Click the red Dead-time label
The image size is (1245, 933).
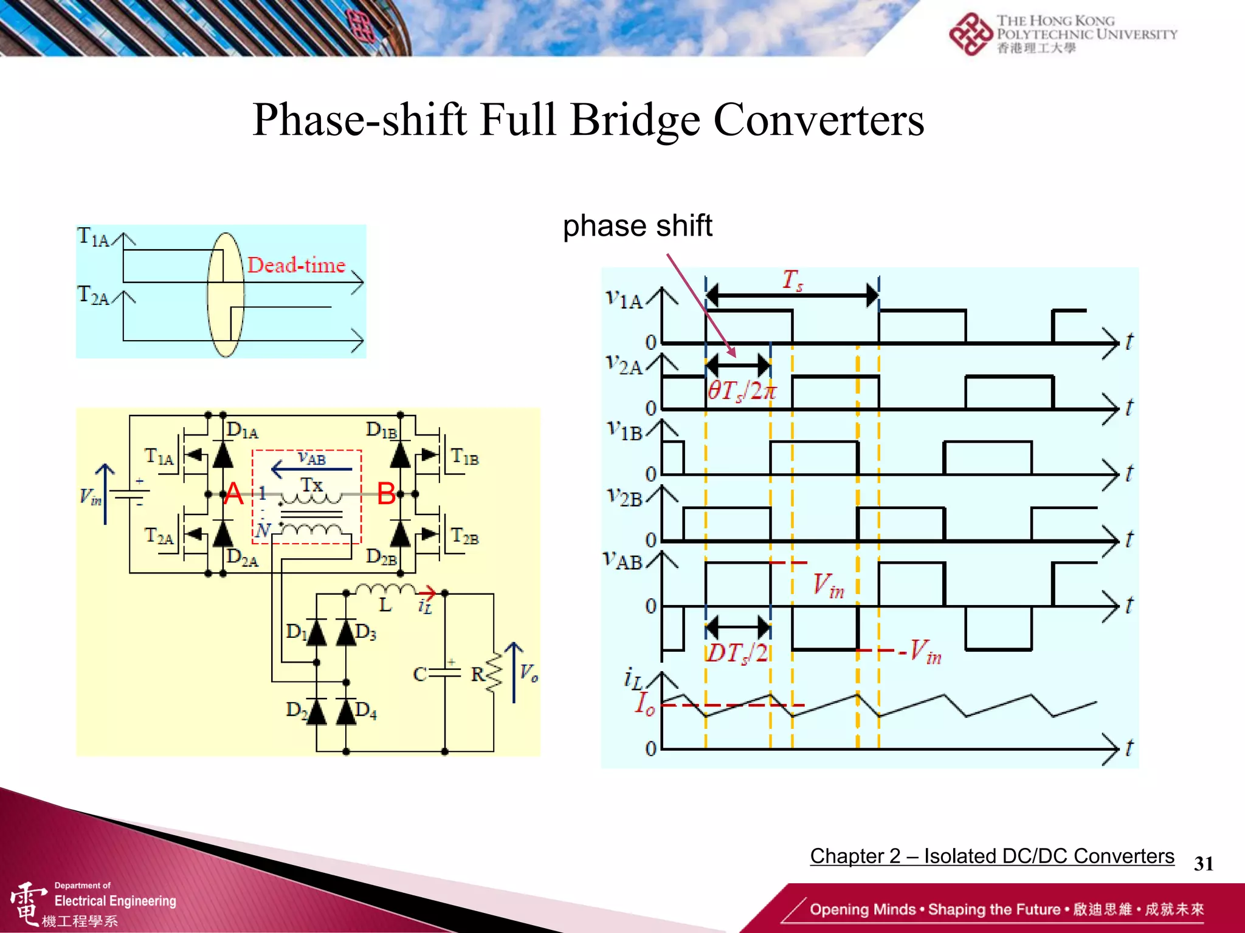(296, 265)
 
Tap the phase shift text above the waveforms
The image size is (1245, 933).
(637, 226)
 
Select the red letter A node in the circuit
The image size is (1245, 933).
(233, 493)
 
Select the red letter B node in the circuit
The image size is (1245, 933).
(387, 493)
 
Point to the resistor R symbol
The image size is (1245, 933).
(494, 673)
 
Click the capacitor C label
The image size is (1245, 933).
(419, 674)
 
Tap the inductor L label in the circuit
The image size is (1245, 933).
(385, 605)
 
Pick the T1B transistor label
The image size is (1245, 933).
(465, 457)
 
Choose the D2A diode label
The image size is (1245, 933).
(242, 557)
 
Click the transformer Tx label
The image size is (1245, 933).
(312, 485)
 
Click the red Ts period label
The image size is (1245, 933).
(792, 280)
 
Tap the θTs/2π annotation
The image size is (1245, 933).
(742, 391)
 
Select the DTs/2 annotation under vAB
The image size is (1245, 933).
(737, 653)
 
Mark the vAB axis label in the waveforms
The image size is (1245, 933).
(623, 560)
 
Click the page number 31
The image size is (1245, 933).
(1204, 863)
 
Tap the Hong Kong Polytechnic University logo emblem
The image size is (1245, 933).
(970, 34)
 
